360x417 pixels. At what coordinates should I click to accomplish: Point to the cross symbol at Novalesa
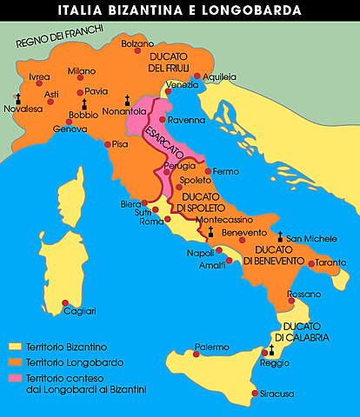pyautogui.click(x=17, y=98)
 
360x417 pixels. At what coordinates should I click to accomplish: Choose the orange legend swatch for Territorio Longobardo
pyautogui.click(x=15, y=362)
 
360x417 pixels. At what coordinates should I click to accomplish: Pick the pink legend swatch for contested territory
pyautogui.click(x=15, y=377)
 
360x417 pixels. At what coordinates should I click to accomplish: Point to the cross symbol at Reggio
pyautogui.click(x=270, y=349)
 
